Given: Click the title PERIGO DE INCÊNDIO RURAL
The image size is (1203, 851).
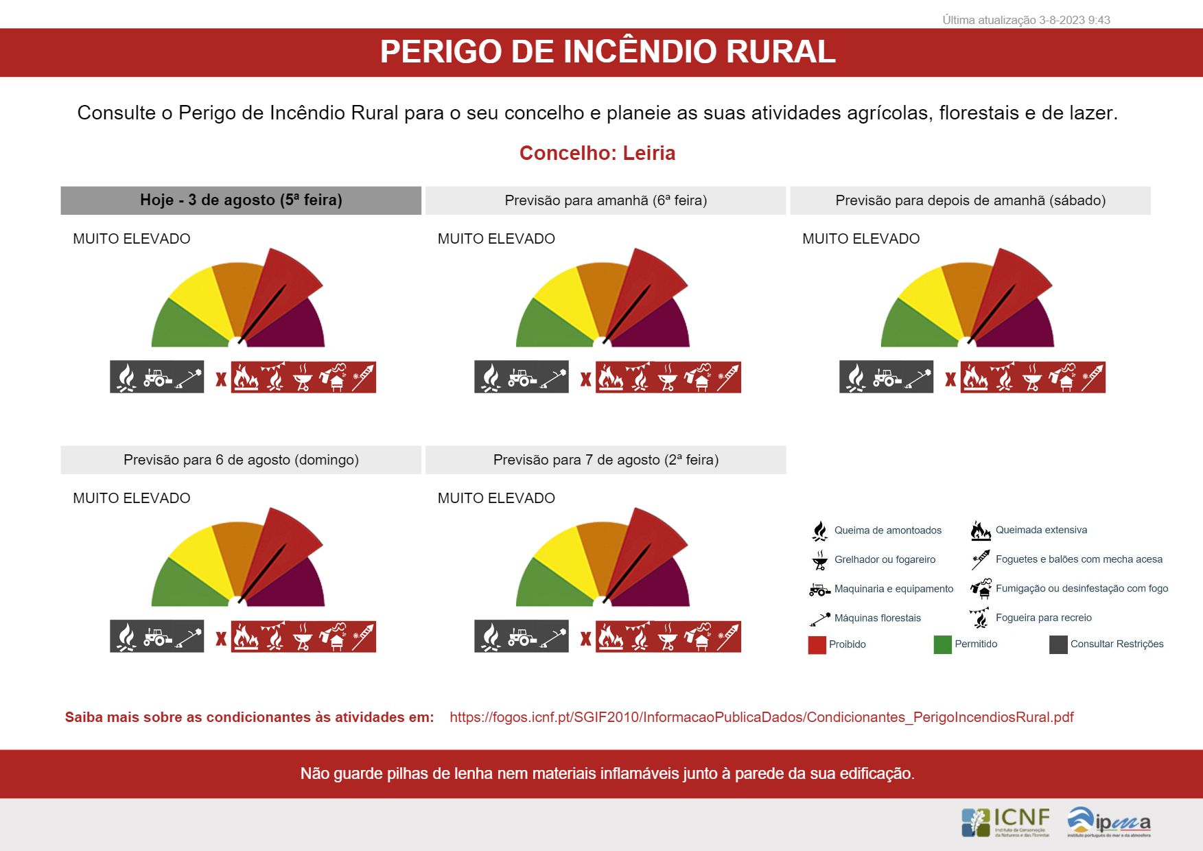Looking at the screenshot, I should pyautogui.click(x=607, y=52).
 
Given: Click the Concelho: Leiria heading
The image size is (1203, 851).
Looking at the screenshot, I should pyautogui.click(x=597, y=153).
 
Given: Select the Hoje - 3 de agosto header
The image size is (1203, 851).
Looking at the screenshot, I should pyautogui.click(x=241, y=200).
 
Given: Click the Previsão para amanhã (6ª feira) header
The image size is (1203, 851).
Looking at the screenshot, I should pyautogui.click(x=605, y=200).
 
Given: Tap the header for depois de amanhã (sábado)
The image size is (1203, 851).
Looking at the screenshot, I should pyautogui.click(x=970, y=200).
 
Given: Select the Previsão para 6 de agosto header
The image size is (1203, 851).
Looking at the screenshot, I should pyautogui.click(x=241, y=460).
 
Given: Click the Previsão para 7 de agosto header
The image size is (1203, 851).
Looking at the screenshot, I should pyautogui.click(x=605, y=460).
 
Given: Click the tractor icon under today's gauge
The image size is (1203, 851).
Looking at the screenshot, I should pyautogui.click(x=158, y=377).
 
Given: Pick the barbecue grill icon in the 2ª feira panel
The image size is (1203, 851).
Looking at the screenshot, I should pyautogui.click(x=667, y=638).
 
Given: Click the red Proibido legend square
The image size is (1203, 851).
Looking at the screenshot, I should pyautogui.click(x=817, y=644).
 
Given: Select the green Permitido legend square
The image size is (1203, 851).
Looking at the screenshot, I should pyautogui.click(x=942, y=644).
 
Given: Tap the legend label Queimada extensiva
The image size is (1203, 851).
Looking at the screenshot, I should pyautogui.click(x=1041, y=530).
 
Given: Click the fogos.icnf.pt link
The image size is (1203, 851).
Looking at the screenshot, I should pyautogui.click(x=761, y=717).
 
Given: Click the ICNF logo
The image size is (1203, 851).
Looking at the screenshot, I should pyautogui.click(x=1005, y=821).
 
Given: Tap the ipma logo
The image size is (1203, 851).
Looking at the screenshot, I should pyautogui.click(x=1108, y=821).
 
